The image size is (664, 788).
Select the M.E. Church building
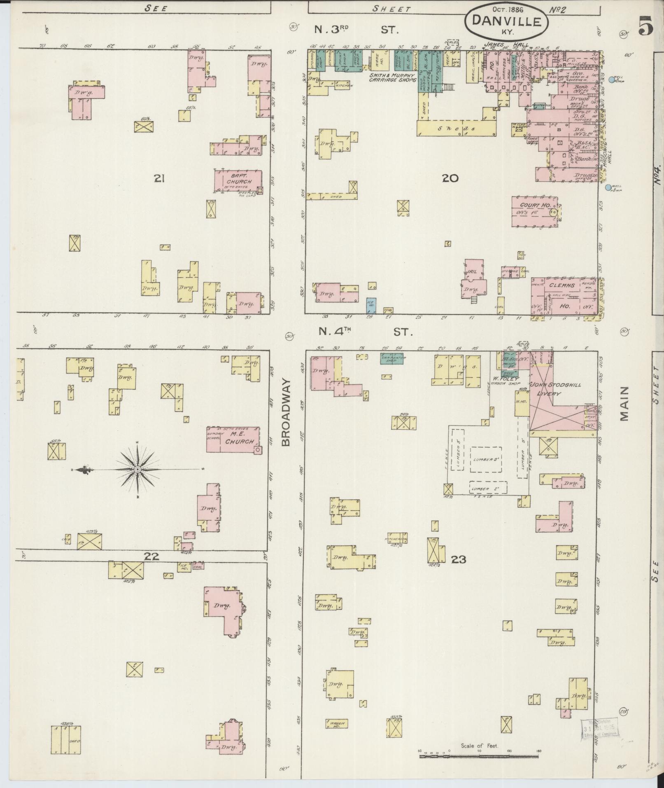pyautogui.click(x=233, y=439)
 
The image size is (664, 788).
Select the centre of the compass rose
pyautogui.click(x=137, y=469)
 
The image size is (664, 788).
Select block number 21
pyautogui.click(x=159, y=178)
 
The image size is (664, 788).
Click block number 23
pyautogui.click(x=458, y=559)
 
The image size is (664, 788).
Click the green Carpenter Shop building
pyautogui.click(x=393, y=358)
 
